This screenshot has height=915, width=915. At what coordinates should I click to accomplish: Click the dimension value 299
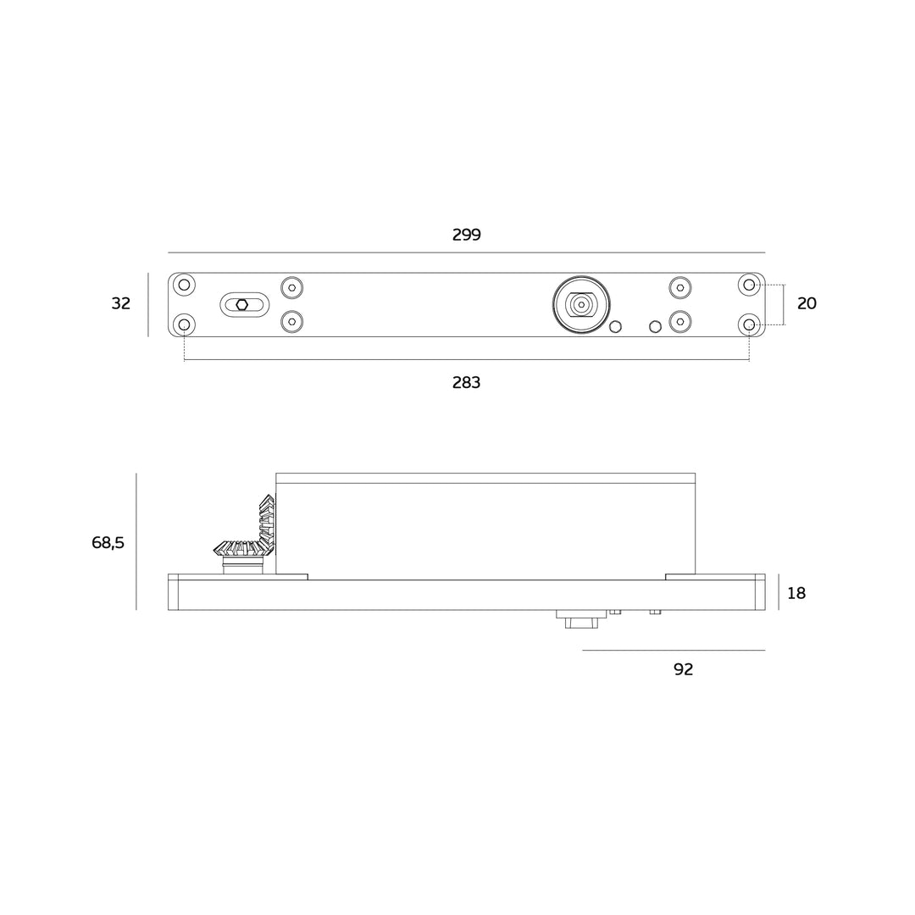pos(466,236)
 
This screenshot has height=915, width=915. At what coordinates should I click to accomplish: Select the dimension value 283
pos(466,383)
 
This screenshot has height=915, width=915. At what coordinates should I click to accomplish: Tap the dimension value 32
pos(121,304)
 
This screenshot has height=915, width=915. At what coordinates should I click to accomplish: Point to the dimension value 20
pos(807,304)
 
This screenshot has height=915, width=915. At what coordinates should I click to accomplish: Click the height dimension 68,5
pos(108,543)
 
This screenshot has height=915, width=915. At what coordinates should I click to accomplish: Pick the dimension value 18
pos(796,594)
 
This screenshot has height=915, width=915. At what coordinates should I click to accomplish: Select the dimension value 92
pos(683,669)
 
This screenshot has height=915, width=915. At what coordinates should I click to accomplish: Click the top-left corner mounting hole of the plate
pos(184,285)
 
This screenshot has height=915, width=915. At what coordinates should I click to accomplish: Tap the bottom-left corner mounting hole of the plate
pos(184,324)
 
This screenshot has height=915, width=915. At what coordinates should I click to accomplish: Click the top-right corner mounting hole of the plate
pos(749,285)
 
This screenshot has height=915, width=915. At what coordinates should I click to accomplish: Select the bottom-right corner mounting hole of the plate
pos(749,324)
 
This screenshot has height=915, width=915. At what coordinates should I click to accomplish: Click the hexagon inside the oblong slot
pos(242,305)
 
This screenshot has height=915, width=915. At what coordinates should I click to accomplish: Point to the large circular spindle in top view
pos(581,305)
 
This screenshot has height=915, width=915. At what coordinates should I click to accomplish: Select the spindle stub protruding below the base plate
pos(581,619)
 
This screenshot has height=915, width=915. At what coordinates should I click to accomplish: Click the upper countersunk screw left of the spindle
pos(291,288)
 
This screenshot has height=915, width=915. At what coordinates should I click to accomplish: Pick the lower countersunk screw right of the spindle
pos(680,322)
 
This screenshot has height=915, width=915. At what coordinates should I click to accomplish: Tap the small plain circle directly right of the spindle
pos(616,327)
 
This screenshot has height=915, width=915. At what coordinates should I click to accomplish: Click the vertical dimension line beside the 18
pos(779,592)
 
